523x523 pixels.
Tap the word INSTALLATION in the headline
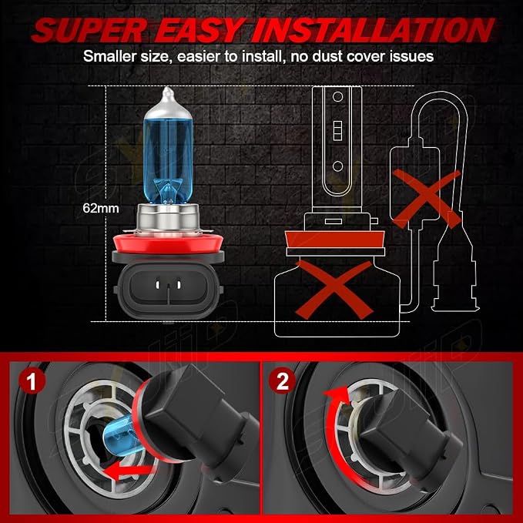(373, 30)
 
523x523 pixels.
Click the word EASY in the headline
(199, 30)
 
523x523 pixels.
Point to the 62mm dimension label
(101, 208)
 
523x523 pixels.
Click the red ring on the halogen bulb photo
(168, 243)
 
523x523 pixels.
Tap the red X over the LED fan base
(334, 290)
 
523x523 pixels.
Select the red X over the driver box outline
(427, 198)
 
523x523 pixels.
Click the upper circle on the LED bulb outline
(338, 97)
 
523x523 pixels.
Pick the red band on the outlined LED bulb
(335, 240)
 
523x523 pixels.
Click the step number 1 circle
(32, 381)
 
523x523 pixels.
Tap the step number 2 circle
(283, 381)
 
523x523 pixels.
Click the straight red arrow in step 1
(129, 471)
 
